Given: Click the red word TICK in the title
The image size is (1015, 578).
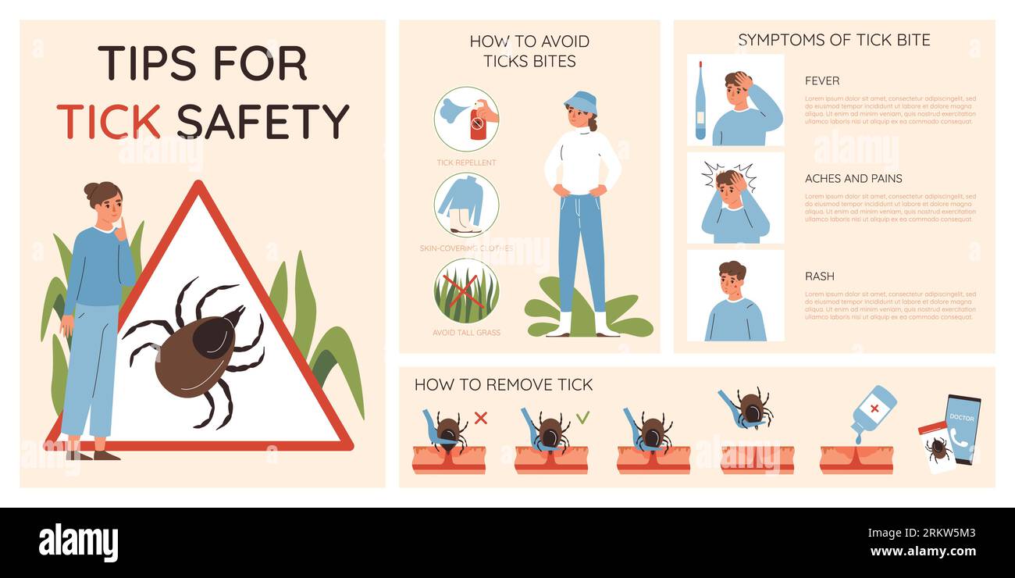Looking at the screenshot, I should [109, 121].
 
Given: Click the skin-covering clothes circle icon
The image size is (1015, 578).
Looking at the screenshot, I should [466, 205].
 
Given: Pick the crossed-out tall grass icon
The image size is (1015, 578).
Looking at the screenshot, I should [466, 291].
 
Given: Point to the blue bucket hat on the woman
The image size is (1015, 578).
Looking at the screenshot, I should [580, 102].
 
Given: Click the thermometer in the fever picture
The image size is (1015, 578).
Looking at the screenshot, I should [700, 102].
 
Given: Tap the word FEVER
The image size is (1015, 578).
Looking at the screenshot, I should [822, 80].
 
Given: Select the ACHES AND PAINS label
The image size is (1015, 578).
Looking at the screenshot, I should [853, 178].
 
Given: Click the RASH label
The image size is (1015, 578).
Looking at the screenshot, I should [820, 276].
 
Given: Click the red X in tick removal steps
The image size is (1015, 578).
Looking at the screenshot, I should [481, 418].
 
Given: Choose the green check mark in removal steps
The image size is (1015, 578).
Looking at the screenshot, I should [583, 418].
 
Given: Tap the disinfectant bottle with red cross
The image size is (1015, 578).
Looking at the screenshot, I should [872, 409].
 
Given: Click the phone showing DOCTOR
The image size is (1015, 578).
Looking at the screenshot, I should [962, 429].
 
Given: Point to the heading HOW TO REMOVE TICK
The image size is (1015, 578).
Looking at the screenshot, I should [504, 384].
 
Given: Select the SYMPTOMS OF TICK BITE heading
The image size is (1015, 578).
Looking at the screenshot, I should [834, 40].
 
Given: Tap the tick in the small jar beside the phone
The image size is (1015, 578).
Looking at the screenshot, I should [937, 449].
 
